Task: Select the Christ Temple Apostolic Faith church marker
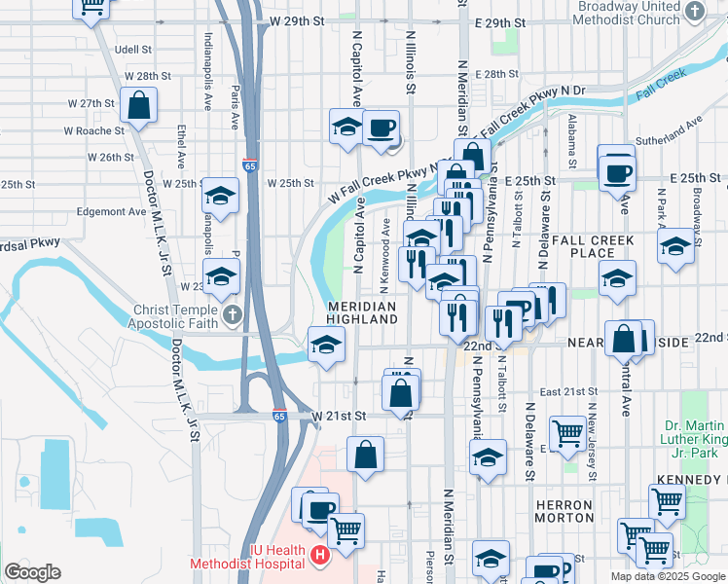233,314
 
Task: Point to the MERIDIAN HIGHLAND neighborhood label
361,312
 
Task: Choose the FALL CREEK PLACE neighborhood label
593,246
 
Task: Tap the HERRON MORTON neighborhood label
564,512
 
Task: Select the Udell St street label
133,49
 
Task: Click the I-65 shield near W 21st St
279,416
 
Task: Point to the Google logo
31,572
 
